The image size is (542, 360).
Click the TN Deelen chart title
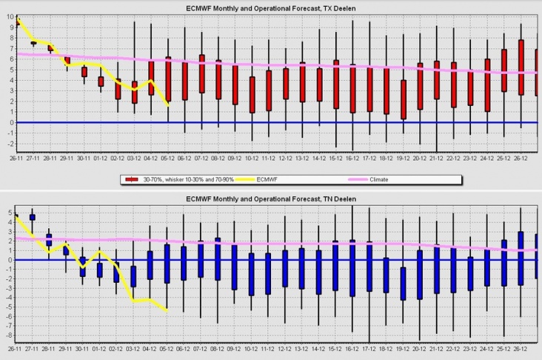tap(270, 199)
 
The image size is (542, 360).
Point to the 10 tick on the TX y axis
tap(4, 16)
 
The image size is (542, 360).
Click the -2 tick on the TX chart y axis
tap(4, 144)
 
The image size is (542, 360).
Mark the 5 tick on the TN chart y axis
tap(4, 213)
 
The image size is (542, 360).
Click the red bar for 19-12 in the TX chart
tap(403, 99)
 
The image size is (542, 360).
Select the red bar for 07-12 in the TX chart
tap(201, 73)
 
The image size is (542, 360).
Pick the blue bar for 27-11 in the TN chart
tap(33, 217)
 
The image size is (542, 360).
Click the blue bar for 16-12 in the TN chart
tap(352, 268)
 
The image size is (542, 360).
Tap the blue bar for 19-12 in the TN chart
tap(403, 283)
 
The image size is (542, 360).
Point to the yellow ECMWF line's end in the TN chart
tap(167, 311)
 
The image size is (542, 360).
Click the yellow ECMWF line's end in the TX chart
tap(168, 106)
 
